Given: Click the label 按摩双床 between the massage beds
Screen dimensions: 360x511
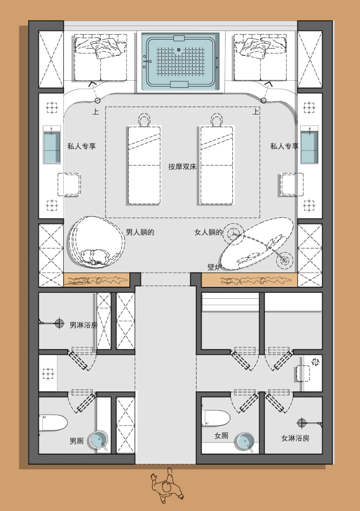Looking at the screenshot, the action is point(182,166).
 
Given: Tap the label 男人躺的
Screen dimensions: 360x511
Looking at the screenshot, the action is point(140,232).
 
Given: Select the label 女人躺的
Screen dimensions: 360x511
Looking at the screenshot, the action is point(208,232).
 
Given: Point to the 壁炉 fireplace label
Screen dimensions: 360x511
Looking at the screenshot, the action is point(214,267).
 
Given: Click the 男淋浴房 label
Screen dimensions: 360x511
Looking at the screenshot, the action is point(84,325).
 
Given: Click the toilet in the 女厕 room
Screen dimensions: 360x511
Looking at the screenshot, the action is point(216,418).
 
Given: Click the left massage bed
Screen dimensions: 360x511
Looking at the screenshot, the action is point(144,165).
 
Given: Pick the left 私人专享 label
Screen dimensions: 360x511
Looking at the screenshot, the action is point(82,146).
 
